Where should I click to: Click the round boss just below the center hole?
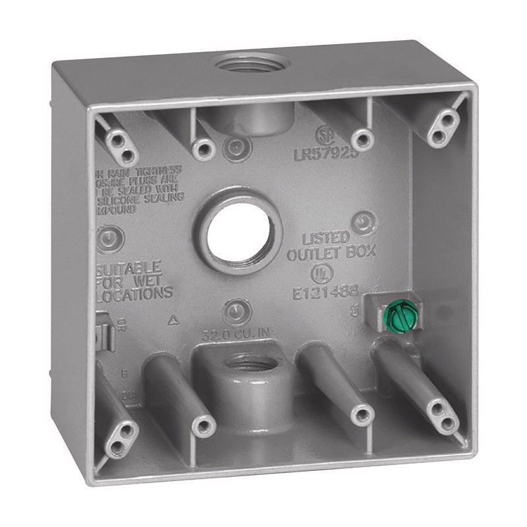point(235,310)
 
